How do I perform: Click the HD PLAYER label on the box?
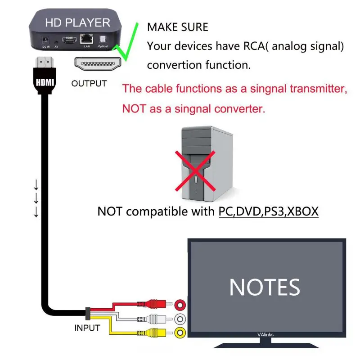click(x=77, y=22)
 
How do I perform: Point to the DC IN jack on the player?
click(x=45, y=40)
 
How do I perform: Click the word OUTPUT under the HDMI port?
click(x=89, y=83)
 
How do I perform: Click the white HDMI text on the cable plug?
click(x=45, y=83)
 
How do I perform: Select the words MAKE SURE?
click(x=178, y=27)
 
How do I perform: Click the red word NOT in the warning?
click(x=134, y=109)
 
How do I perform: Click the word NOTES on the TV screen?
click(x=265, y=287)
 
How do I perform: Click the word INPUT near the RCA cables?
click(x=87, y=328)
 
